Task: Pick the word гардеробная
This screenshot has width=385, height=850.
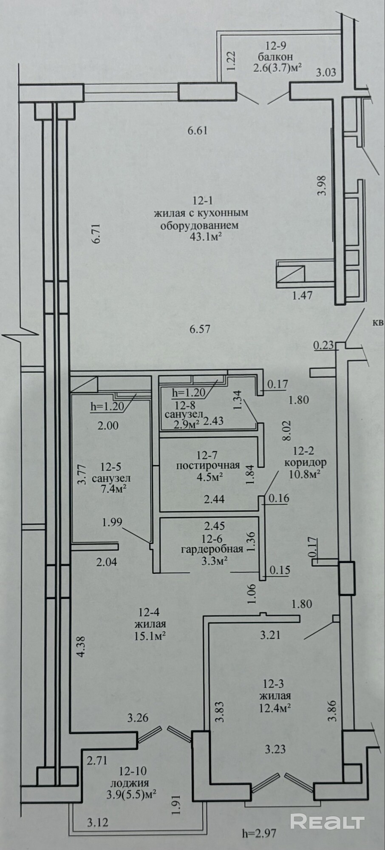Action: click(212, 549)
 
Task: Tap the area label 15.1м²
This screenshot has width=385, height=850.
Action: click(150, 636)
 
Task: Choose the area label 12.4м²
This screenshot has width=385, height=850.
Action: click(276, 708)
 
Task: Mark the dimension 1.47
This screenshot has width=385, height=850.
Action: click(302, 295)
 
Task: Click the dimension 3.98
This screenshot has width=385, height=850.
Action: click(323, 185)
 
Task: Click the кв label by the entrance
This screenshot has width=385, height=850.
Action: click(378, 323)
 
